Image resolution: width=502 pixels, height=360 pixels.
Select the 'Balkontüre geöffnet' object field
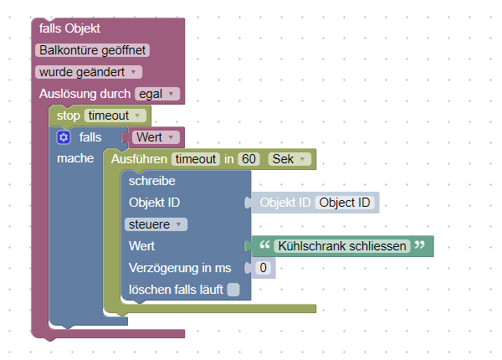click(x=94, y=50)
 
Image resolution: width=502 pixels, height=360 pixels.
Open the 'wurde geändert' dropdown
click(x=89, y=72)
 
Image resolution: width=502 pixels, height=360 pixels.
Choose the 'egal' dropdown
click(x=157, y=94)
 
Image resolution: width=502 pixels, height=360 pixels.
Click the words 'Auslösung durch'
click(x=85, y=94)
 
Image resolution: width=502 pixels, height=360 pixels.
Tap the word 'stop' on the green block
click(x=68, y=116)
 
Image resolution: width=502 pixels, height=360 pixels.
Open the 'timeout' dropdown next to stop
click(x=115, y=116)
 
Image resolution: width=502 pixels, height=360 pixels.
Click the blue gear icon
click(x=64, y=136)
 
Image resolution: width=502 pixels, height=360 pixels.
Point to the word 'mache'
click(x=74, y=157)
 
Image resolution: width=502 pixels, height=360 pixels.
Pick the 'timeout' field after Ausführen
click(x=194, y=158)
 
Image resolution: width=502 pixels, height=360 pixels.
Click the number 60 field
click(x=248, y=158)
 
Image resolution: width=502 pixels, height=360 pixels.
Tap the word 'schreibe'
click(x=151, y=180)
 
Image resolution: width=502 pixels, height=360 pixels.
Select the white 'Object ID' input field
click(x=345, y=202)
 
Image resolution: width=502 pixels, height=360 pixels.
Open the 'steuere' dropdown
click(x=156, y=224)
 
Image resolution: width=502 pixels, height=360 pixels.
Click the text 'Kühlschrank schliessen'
click(x=342, y=246)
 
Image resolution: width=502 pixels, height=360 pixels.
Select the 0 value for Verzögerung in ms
click(x=263, y=268)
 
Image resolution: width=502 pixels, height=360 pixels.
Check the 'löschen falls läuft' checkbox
click(x=233, y=290)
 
